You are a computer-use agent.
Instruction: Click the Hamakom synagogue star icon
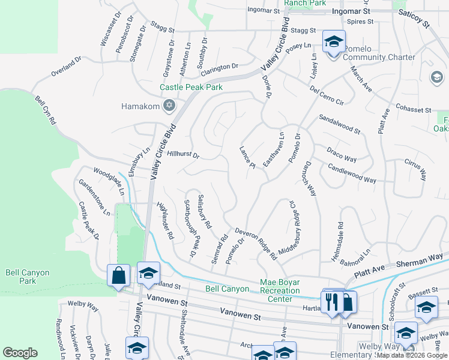pyautogui.click(x=169, y=106)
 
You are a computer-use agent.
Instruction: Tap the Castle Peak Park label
pyautogui.click(x=191, y=88)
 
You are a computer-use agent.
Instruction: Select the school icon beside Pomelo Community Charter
pyautogui.click(x=334, y=42)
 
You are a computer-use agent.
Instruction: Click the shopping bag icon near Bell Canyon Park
pyautogui.click(x=119, y=276)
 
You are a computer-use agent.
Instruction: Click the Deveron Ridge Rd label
pyautogui.click(x=256, y=242)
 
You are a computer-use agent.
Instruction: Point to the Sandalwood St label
pyautogui.click(x=339, y=124)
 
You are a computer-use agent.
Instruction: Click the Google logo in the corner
pyautogui.click(x=20, y=353)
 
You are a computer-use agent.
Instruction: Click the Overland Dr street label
pyautogui.click(x=66, y=66)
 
